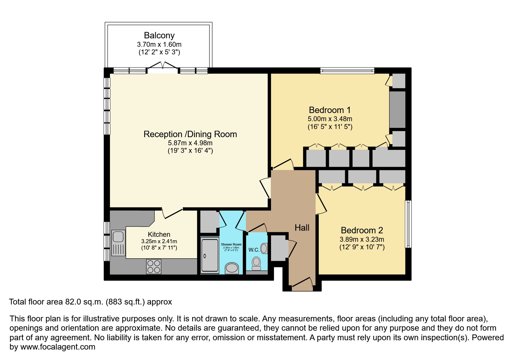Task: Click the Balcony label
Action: click(159, 35)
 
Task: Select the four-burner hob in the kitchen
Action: click(154, 266)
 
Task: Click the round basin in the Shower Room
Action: click(232, 268)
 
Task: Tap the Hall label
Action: click(302, 228)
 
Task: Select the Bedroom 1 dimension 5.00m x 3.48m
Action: click(330, 119)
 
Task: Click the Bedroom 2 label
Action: click(362, 230)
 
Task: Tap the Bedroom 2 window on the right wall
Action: click(408, 224)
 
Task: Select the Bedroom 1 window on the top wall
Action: click(347, 70)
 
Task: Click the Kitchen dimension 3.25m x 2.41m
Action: click(159, 241)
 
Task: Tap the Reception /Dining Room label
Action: click(190, 134)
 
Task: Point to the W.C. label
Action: click(254, 250)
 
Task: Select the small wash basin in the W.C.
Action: click(264, 248)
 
